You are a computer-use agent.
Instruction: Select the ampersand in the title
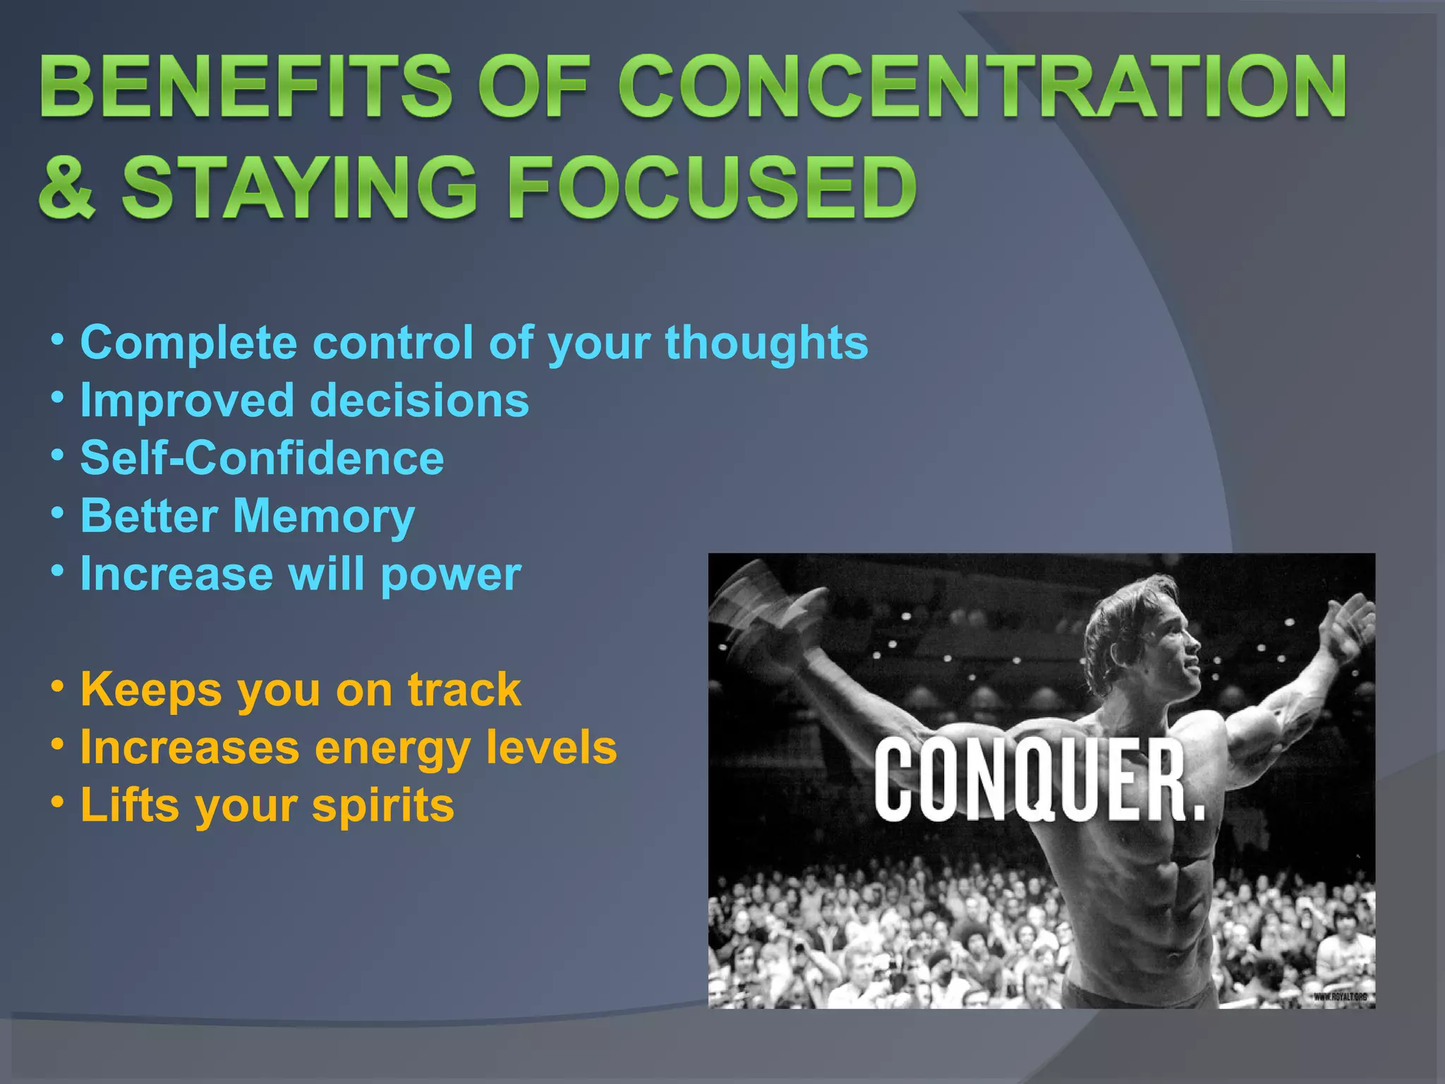(67, 188)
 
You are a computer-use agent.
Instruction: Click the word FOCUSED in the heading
(712, 188)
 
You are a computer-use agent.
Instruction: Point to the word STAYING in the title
(300, 188)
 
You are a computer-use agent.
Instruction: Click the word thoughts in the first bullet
(766, 344)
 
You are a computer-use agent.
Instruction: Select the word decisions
(419, 401)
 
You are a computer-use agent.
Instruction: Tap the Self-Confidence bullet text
(262, 459)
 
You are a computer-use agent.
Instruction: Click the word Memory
(324, 517)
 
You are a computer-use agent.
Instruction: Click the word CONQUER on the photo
(1037, 781)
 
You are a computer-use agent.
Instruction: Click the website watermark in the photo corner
(1340, 997)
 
